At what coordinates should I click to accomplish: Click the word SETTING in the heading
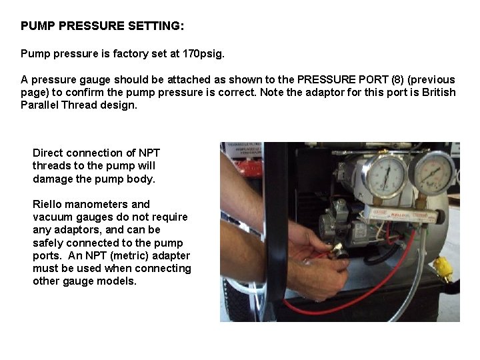[x=156, y=26]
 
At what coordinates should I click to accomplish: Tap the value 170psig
[x=203, y=54]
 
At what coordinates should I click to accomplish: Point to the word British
[x=439, y=93]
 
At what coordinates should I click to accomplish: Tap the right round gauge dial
[x=431, y=173]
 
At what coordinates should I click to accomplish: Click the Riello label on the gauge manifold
[x=397, y=215]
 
